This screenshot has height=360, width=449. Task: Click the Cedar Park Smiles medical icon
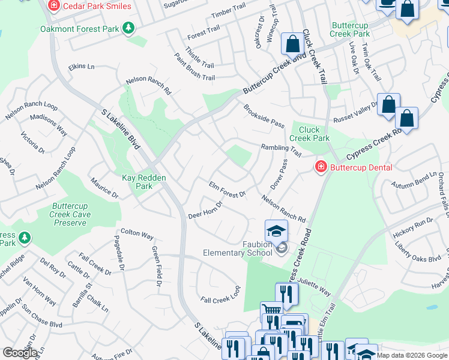(x=53, y=5)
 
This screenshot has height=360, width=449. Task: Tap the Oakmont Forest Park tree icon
(x=128, y=28)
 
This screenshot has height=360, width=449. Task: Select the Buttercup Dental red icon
(x=321, y=167)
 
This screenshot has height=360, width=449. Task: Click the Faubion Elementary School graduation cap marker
(x=276, y=231)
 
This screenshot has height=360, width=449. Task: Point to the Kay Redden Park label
(x=144, y=182)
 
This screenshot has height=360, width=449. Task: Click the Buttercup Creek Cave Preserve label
(x=70, y=214)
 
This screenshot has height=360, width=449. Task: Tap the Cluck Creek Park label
(x=310, y=133)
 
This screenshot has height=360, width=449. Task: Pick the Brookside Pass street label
(x=264, y=116)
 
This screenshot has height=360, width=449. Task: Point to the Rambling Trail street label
(x=280, y=149)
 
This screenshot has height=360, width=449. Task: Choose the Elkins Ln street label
(x=82, y=67)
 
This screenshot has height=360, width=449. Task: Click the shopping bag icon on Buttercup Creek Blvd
(x=292, y=44)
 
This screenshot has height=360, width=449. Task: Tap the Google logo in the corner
(x=19, y=353)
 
